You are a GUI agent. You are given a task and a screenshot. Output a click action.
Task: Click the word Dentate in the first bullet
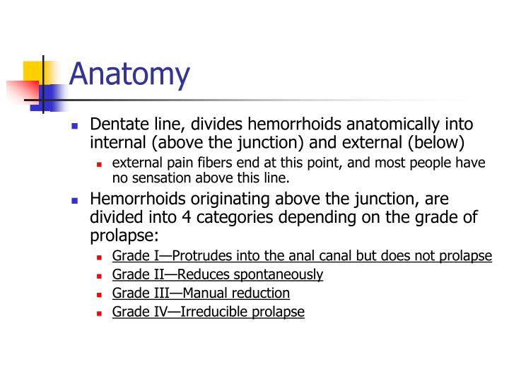click(117, 125)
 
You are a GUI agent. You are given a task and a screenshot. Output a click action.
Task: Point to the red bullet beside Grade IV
click(100, 312)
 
